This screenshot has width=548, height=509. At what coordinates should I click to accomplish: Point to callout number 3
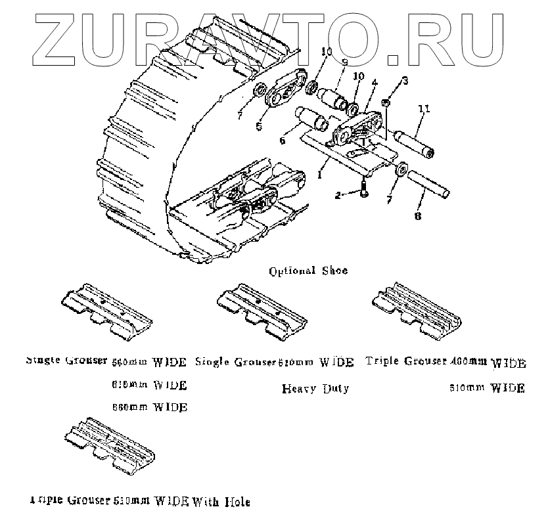(405, 81)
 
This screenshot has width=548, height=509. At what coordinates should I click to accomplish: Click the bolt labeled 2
(364, 190)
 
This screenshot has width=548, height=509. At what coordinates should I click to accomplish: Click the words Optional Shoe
(309, 270)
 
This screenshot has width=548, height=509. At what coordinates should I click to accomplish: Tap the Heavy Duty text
(315, 388)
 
